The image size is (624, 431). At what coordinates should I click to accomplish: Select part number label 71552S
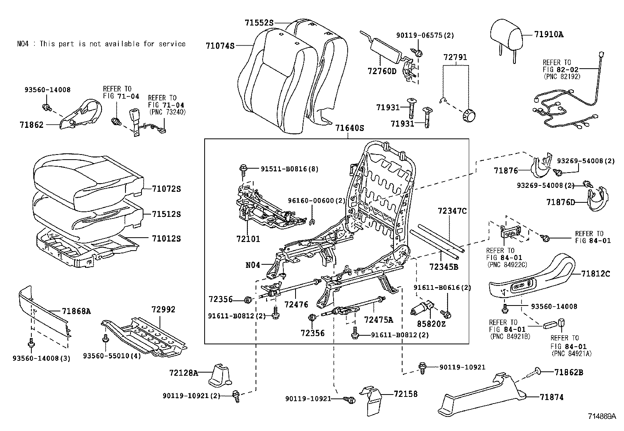click(x=259, y=23)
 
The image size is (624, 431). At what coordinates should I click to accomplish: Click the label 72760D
click(x=382, y=71)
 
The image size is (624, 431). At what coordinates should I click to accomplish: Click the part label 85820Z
click(x=432, y=324)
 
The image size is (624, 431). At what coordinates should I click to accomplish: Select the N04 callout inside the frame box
click(x=253, y=265)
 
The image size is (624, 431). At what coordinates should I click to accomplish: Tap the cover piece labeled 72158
click(x=372, y=401)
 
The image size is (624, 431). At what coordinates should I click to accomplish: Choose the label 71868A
click(x=76, y=311)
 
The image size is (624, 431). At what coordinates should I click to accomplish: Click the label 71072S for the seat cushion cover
click(x=167, y=189)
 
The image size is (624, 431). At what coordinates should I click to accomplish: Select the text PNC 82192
click(x=561, y=77)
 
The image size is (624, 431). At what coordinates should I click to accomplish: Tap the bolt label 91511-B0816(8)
click(x=289, y=169)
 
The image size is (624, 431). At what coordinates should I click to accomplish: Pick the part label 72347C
click(x=452, y=211)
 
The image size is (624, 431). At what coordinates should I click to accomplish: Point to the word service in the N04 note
click(x=172, y=44)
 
